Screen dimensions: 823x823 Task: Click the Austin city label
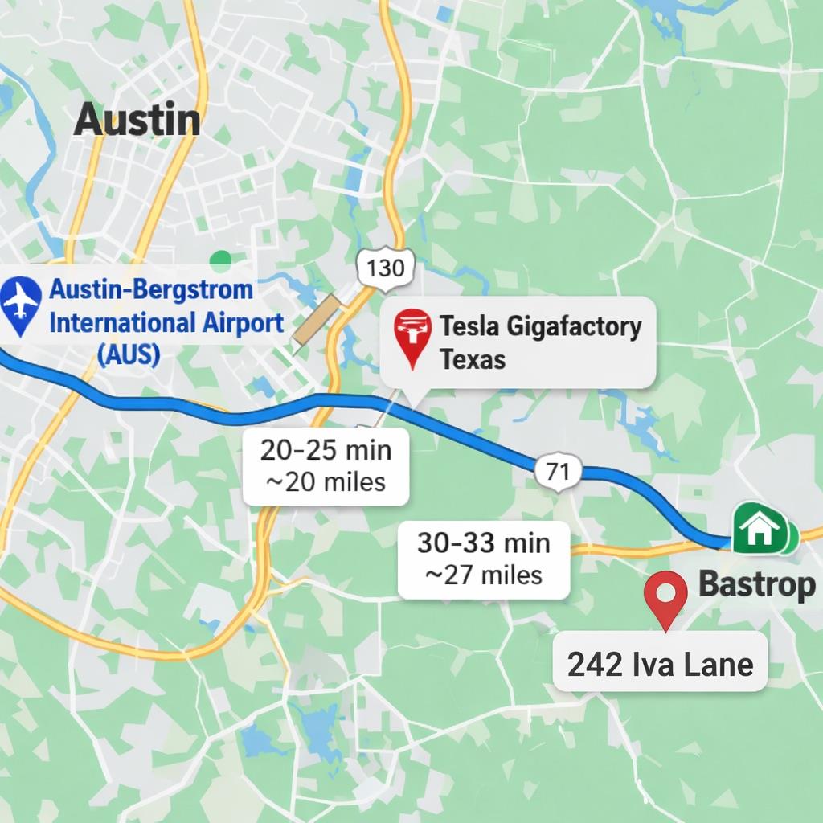[137, 121]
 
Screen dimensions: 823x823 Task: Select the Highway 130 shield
[385, 268]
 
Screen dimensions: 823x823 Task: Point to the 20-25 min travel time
[326, 450]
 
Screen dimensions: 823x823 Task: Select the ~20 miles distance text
[326, 481]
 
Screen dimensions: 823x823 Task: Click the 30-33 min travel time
[484, 543]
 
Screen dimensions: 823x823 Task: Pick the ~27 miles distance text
[484, 575]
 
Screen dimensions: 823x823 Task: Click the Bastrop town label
[756, 584]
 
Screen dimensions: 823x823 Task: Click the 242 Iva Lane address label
[660, 665]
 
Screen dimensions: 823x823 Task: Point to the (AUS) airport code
[128, 354]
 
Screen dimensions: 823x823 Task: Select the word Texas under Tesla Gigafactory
[473, 358]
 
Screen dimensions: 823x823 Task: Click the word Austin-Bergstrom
[152, 290]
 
